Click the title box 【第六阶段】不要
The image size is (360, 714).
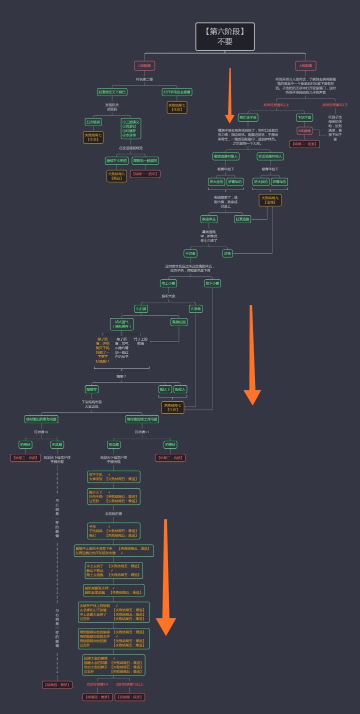(x=224, y=36)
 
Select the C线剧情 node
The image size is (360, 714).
(x=144, y=65)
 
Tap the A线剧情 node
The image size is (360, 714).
(x=305, y=65)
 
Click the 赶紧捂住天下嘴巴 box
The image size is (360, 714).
(x=112, y=92)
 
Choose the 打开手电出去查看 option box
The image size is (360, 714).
(x=177, y=92)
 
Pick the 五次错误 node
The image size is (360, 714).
(x=93, y=122)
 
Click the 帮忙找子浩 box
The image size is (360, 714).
(x=247, y=118)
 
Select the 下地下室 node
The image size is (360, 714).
(x=304, y=118)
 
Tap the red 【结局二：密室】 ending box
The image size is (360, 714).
(x=304, y=144)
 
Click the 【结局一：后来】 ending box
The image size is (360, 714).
(x=144, y=174)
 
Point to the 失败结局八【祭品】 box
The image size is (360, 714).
(x=116, y=176)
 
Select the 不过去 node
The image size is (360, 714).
(x=190, y=253)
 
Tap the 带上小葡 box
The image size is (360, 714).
(x=168, y=283)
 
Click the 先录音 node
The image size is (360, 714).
(x=195, y=309)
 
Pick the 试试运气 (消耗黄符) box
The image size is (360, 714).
(x=122, y=324)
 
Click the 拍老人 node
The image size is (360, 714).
(x=180, y=389)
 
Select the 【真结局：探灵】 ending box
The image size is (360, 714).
(x=130, y=696)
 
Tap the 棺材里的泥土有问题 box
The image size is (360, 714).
(x=142, y=419)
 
